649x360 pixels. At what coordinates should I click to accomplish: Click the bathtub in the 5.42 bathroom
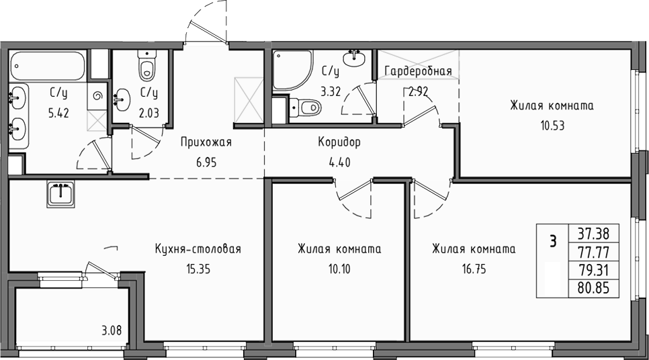(x=48, y=66)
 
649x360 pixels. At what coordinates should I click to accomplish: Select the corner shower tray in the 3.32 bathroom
(x=292, y=71)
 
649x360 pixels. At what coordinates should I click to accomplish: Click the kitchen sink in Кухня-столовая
(x=61, y=195)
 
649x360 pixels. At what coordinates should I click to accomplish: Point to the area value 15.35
(x=198, y=269)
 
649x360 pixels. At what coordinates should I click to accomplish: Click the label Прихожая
(x=206, y=142)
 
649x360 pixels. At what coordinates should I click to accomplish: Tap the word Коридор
(x=339, y=142)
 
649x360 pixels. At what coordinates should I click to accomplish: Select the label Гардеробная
(x=418, y=72)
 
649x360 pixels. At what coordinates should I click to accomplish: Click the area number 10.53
(x=552, y=126)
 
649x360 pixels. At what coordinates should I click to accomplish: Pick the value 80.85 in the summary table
(x=594, y=287)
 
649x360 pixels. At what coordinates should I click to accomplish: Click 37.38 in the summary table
(x=594, y=234)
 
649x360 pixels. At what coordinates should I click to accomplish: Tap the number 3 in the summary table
(x=552, y=241)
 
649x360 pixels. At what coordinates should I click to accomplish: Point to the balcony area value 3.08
(x=112, y=330)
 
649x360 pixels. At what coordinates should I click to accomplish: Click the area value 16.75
(x=474, y=269)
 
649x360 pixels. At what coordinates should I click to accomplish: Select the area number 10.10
(x=339, y=269)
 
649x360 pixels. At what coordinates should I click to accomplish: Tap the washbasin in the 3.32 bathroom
(x=354, y=58)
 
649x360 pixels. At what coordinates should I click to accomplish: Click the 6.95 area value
(x=206, y=163)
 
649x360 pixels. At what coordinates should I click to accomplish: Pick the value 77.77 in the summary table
(x=594, y=252)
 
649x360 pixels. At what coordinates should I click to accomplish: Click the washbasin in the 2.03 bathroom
(x=122, y=99)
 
